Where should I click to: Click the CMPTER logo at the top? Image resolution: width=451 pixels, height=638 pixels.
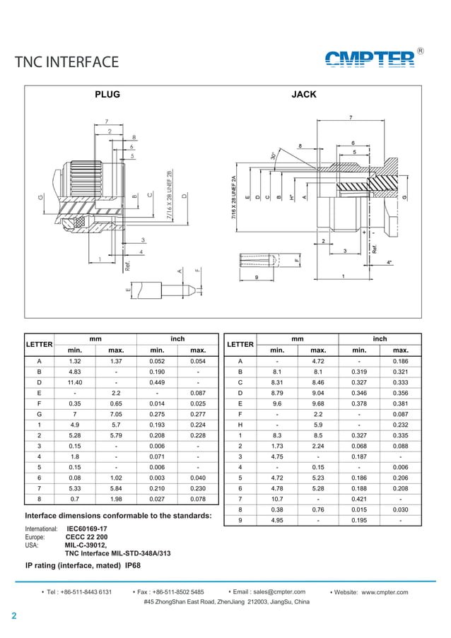(x=370, y=59)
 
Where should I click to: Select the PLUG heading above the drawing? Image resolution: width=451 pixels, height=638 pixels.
(x=107, y=95)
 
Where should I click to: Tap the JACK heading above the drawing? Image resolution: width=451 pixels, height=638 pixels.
(x=304, y=95)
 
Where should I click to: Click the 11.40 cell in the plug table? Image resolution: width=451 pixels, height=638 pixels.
(x=75, y=382)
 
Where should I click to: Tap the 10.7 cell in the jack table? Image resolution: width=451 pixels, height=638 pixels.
(x=277, y=499)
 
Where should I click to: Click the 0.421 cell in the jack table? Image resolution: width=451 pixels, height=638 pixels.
(x=359, y=499)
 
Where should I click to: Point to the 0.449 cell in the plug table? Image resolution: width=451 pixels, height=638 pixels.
(x=157, y=382)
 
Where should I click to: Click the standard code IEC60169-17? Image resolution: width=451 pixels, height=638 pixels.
(x=87, y=528)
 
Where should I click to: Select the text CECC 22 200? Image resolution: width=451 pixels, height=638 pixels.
(x=86, y=537)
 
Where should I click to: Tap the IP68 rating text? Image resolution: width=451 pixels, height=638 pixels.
(x=133, y=566)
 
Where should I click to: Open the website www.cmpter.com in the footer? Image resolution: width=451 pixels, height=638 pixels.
(x=385, y=592)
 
